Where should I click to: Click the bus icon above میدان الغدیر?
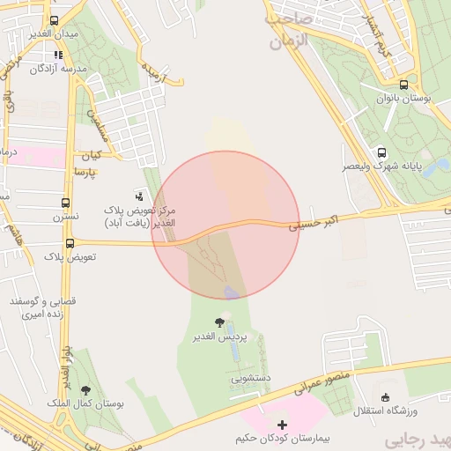coord(55,20)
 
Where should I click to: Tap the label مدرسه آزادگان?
coord(61,68)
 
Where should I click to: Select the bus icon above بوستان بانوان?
coord(403,85)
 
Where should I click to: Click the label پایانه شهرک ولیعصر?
coord(383,165)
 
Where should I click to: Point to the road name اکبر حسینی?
coord(314,225)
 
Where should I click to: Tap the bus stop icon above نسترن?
coord(67,203)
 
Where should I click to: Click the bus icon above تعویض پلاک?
coord(70,243)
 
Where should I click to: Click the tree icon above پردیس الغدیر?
coord(219,323)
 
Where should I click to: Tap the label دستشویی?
coord(250,378)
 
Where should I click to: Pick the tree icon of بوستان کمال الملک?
coord(85,390)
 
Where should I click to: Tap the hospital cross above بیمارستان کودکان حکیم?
coord(282,425)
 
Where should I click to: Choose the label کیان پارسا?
coord(87,162)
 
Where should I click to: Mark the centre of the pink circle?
coord(225,225)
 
